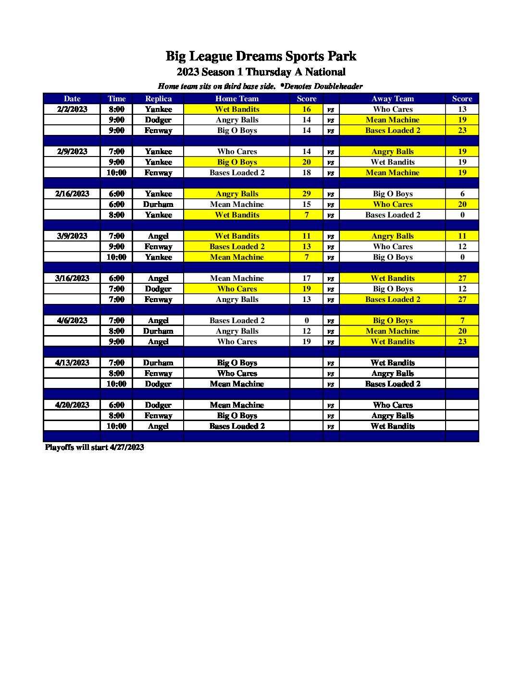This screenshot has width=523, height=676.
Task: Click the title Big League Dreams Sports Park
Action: point(261,56)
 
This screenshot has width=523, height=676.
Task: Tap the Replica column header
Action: point(158,99)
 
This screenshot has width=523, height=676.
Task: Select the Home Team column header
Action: point(237,99)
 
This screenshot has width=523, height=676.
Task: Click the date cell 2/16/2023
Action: point(72,194)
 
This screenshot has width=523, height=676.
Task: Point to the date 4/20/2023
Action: point(72,405)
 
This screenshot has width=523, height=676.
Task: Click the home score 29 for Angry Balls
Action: point(306,194)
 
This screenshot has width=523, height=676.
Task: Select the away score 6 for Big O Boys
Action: point(462,194)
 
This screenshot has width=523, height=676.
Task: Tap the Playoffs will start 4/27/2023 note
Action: point(94,447)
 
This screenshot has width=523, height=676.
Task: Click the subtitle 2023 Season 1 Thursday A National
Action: point(261,72)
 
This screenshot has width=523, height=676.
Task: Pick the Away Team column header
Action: point(392,99)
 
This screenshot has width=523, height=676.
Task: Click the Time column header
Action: point(116,99)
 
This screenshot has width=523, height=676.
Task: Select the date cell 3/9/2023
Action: point(72,236)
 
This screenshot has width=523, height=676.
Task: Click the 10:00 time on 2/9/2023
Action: point(116,173)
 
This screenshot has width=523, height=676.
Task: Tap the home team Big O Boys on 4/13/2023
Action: point(237,363)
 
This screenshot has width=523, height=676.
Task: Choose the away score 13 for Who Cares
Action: point(462,109)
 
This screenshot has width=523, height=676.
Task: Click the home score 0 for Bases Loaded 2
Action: point(306,321)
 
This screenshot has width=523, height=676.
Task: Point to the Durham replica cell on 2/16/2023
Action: point(158,205)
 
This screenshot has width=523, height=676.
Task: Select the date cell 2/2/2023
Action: point(72,109)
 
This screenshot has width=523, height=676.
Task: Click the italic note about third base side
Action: point(260,86)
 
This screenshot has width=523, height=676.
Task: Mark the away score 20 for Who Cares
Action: point(462,205)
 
